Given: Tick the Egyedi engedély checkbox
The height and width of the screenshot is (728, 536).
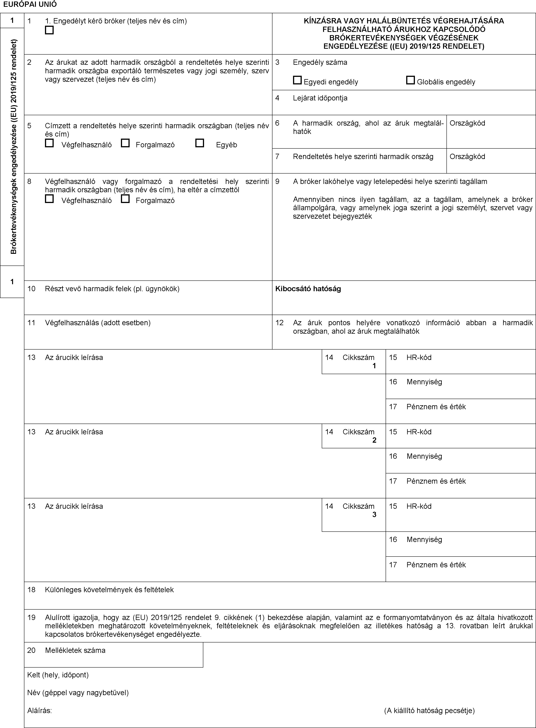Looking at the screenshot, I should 297,80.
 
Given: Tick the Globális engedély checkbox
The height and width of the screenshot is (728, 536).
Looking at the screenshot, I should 410,80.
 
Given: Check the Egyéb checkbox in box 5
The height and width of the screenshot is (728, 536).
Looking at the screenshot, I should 200,143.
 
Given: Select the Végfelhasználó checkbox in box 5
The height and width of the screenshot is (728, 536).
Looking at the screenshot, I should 49,143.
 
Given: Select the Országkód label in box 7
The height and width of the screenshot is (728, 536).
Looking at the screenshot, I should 467,156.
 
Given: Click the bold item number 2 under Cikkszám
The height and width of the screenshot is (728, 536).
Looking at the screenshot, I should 374,440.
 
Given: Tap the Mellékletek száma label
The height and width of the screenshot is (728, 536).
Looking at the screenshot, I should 75,650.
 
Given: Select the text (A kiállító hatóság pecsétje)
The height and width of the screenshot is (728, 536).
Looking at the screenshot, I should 429,710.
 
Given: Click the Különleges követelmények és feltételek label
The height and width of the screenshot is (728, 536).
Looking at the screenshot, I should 109,590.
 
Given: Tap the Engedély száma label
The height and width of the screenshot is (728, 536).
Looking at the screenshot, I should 320,62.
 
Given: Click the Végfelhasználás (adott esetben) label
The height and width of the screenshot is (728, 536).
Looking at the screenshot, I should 98,323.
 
